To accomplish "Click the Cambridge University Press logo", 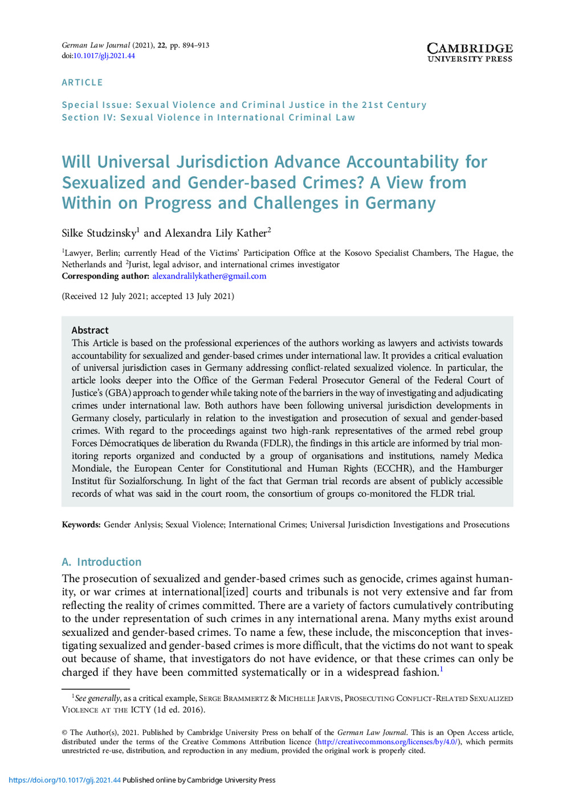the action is pos(470,52).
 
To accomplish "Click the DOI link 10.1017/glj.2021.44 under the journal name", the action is pos(104,56).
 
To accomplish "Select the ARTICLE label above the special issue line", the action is pos(82,82).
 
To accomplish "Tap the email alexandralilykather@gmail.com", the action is pos(209,276).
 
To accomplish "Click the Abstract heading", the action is pos(90,330).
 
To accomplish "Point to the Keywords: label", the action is pos(81,524).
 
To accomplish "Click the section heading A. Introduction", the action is pos(101,562).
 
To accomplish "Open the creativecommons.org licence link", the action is pos(388,742).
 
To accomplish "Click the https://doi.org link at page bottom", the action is pos(64,780).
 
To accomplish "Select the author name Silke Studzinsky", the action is pos(99,233).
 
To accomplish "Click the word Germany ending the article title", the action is pos(400,203).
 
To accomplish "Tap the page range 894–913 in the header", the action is pos(196,45).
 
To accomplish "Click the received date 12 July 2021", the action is pos(124,296).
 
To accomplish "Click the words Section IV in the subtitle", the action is pos(80,118).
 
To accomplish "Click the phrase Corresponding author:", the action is pos(105,276).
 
